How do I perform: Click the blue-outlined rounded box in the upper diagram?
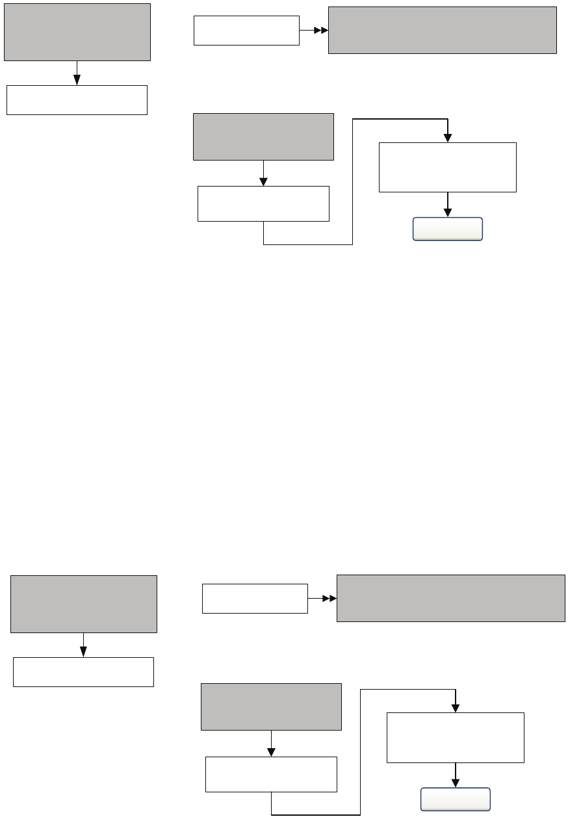click(x=448, y=229)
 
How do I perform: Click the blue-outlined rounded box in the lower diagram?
click(x=456, y=799)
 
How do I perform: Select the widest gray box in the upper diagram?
click(x=443, y=30)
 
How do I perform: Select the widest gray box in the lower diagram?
click(x=451, y=598)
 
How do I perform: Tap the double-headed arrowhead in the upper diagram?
click(x=321, y=30)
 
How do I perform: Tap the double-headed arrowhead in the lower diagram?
click(x=329, y=598)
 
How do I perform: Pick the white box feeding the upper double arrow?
click(x=246, y=31)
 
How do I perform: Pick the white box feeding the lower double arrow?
click(x=255, y=599)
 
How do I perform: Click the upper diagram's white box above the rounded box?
click(x=448, y=167)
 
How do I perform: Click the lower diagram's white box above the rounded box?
click(x=456, y=737)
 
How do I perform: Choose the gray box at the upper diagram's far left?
click(x=77, y=32)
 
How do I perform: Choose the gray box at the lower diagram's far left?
click(x=84, y=604)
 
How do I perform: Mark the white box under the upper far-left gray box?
click(x=77, y=99)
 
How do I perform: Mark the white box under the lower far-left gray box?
click(x=83, y=672)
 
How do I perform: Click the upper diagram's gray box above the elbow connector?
click(x=263, y=136)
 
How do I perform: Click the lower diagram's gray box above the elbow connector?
click(x=271, y=707)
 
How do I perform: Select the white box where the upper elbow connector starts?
click(x=263, y=203)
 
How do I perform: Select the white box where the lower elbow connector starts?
click(x=271, y=774)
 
